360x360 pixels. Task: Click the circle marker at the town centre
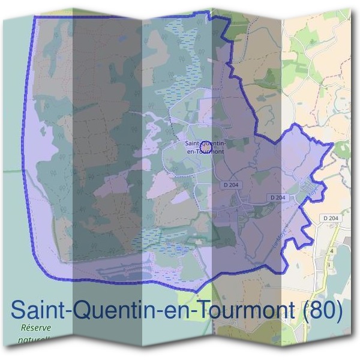tap(205, 145)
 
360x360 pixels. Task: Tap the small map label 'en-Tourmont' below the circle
tap(206, 151)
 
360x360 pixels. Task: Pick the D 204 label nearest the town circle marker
tap(231, 185)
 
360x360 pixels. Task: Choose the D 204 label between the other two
tap(278, 197)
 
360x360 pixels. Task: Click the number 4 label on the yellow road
tap(331, 250)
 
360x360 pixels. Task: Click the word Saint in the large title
tap(36, 310)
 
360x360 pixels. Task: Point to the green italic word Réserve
tap(35, 328)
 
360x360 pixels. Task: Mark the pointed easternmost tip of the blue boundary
tap(332, 146)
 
